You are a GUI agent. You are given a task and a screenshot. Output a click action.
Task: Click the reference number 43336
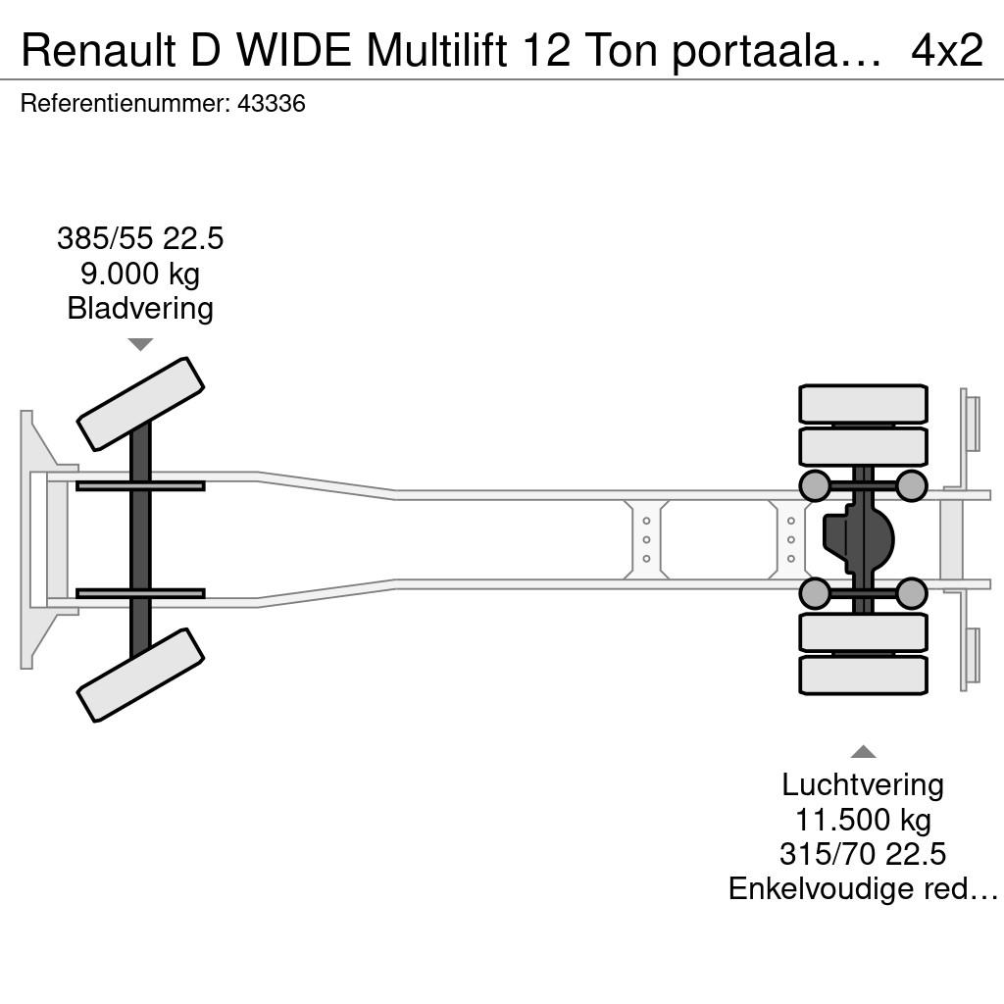272,104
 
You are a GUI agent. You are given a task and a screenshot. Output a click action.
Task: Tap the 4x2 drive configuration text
947,50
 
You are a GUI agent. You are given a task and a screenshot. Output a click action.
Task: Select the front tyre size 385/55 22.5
140,238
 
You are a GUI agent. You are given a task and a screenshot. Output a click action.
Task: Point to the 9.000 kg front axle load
140,274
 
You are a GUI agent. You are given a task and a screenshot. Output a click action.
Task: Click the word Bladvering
140,308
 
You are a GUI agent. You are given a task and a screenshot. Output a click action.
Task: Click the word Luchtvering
863,785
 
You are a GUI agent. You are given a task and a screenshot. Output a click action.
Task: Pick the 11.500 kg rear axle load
863,820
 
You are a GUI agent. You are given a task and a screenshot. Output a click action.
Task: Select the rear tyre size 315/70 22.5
863,854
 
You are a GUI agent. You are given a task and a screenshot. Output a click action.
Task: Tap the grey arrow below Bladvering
140,344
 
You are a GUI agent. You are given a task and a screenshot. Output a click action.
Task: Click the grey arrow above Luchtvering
863,751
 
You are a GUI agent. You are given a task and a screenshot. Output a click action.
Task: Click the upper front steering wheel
140,404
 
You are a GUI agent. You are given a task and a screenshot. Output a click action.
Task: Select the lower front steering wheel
140,675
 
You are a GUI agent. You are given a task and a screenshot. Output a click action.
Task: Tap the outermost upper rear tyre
863,403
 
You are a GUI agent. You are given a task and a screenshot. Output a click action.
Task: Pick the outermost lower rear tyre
863,676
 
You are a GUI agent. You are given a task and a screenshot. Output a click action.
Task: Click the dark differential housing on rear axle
858,539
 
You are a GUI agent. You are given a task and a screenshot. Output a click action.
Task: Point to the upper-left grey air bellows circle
815,485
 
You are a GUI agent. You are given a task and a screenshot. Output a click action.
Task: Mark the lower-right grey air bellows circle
911,593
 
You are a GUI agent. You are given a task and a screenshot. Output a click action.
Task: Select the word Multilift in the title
436,50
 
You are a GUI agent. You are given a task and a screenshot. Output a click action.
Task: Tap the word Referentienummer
125,104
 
